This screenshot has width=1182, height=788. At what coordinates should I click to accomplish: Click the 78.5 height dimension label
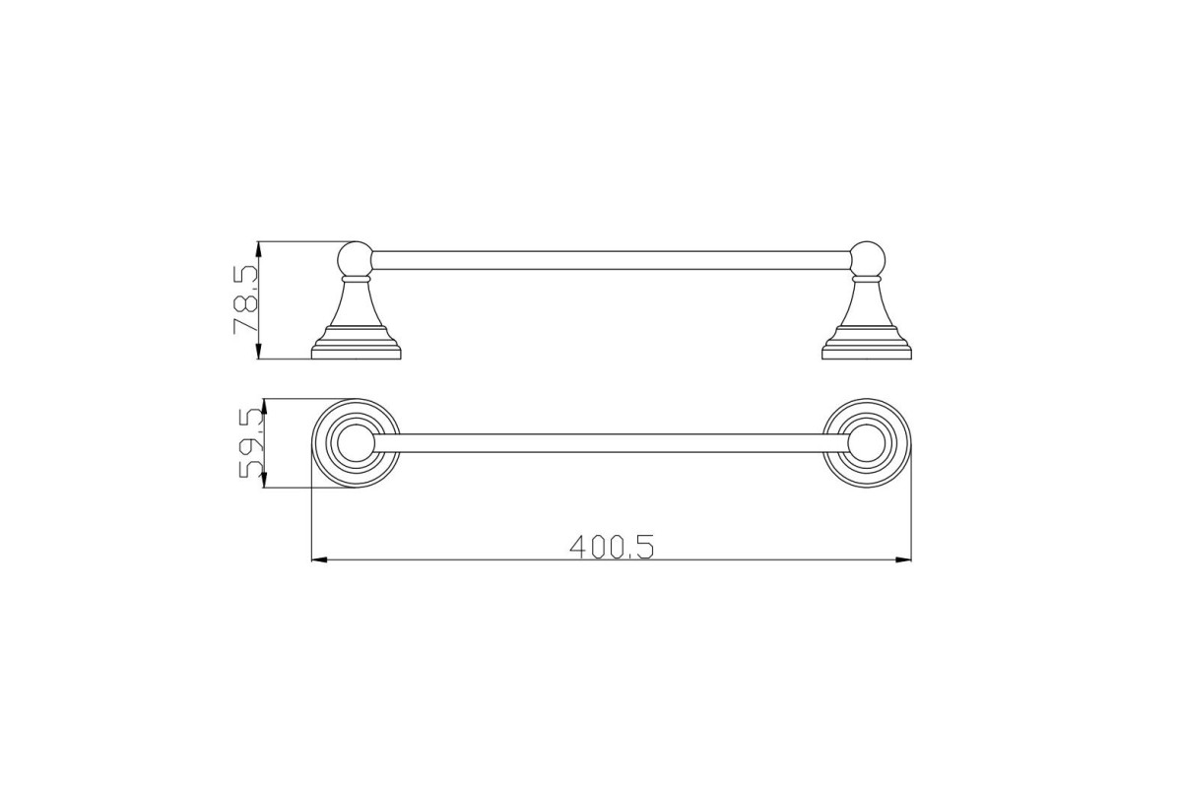[x=245, y=299]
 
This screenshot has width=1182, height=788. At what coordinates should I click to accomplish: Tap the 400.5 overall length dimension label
[x=612, y=548]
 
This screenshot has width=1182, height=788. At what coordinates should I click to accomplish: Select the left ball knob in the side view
[x=356, y=259]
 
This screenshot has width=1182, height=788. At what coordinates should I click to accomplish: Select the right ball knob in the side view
[x=867, y=259]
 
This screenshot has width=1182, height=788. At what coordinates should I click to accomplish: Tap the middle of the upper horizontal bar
[x=611, y=260]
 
